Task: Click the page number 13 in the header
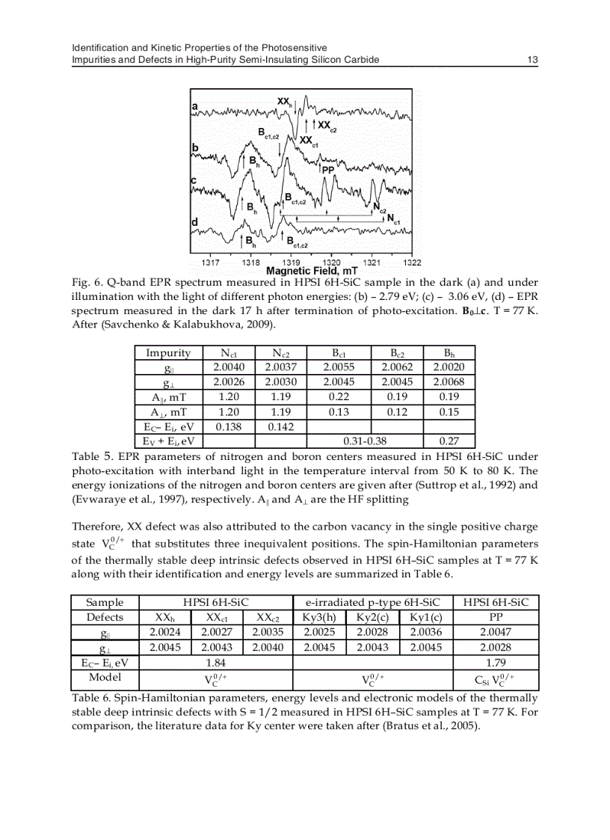pos(533,59)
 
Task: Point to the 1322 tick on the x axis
pos(411,263)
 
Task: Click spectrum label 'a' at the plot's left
pos(194,106)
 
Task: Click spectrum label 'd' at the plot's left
pos(194,222)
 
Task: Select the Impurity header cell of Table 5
pos(168,353)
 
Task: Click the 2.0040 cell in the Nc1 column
pos(227,367)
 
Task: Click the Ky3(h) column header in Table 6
pos(319,617)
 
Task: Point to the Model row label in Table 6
pos(105,676)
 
